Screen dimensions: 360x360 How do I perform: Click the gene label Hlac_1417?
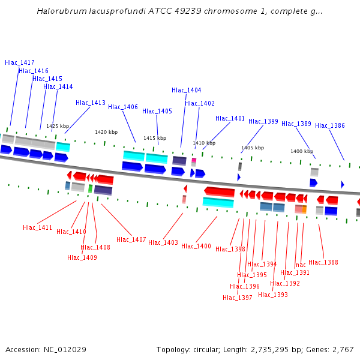point(20,62)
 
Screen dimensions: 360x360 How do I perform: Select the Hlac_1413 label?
point(91,103)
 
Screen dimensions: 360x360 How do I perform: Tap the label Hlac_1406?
point(123,107)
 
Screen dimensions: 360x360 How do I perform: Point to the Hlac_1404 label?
point(187,90)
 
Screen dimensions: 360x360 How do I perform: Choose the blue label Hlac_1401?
point(230,118)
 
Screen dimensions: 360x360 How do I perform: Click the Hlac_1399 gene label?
point(263,121)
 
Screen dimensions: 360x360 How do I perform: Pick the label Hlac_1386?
point(330,125)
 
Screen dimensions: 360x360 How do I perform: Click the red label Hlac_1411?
point(38,228)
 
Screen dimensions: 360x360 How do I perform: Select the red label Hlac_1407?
point(131,239)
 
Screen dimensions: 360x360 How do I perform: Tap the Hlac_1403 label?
point(163,242)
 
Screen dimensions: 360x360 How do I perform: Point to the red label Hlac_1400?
point(196,246)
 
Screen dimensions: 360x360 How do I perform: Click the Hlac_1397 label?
point(238,298)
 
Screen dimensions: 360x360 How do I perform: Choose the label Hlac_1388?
point(323,262)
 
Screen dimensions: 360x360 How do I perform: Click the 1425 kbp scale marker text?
point(58,126)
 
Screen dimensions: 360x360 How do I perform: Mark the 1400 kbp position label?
point(302,151)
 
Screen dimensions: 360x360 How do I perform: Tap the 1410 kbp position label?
point(203,143)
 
